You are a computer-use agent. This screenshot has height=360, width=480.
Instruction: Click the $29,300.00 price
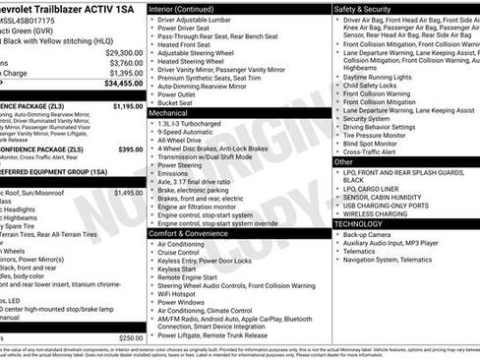coord(123,52)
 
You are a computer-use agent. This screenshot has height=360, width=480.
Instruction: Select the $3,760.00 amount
coord(125,63)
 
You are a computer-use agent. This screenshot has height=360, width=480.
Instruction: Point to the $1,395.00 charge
coord(125,73)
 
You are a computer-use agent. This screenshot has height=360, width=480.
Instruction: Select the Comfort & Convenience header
coord(197,233)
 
